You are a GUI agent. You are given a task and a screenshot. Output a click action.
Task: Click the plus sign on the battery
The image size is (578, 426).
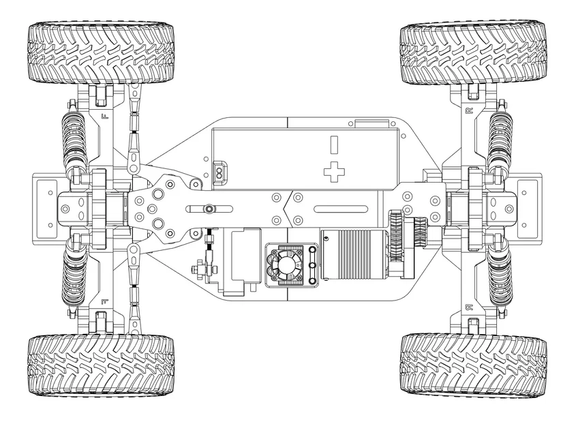coord(334,172)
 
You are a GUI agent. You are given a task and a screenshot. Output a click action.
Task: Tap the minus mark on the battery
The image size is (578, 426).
coord(334,144)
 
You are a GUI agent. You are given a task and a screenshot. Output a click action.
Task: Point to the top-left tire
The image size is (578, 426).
coord(101,53)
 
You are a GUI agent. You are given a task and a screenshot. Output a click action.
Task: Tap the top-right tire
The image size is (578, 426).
coord(473,53)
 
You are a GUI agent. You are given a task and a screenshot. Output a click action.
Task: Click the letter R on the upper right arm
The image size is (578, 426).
coord(468,110)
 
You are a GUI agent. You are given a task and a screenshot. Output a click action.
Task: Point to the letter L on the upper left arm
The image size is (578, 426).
coord(104,117)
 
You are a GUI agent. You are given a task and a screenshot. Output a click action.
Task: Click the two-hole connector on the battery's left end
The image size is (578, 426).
coord(219,173)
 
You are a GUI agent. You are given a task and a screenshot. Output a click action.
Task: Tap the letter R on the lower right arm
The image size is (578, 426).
coord(468,307)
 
